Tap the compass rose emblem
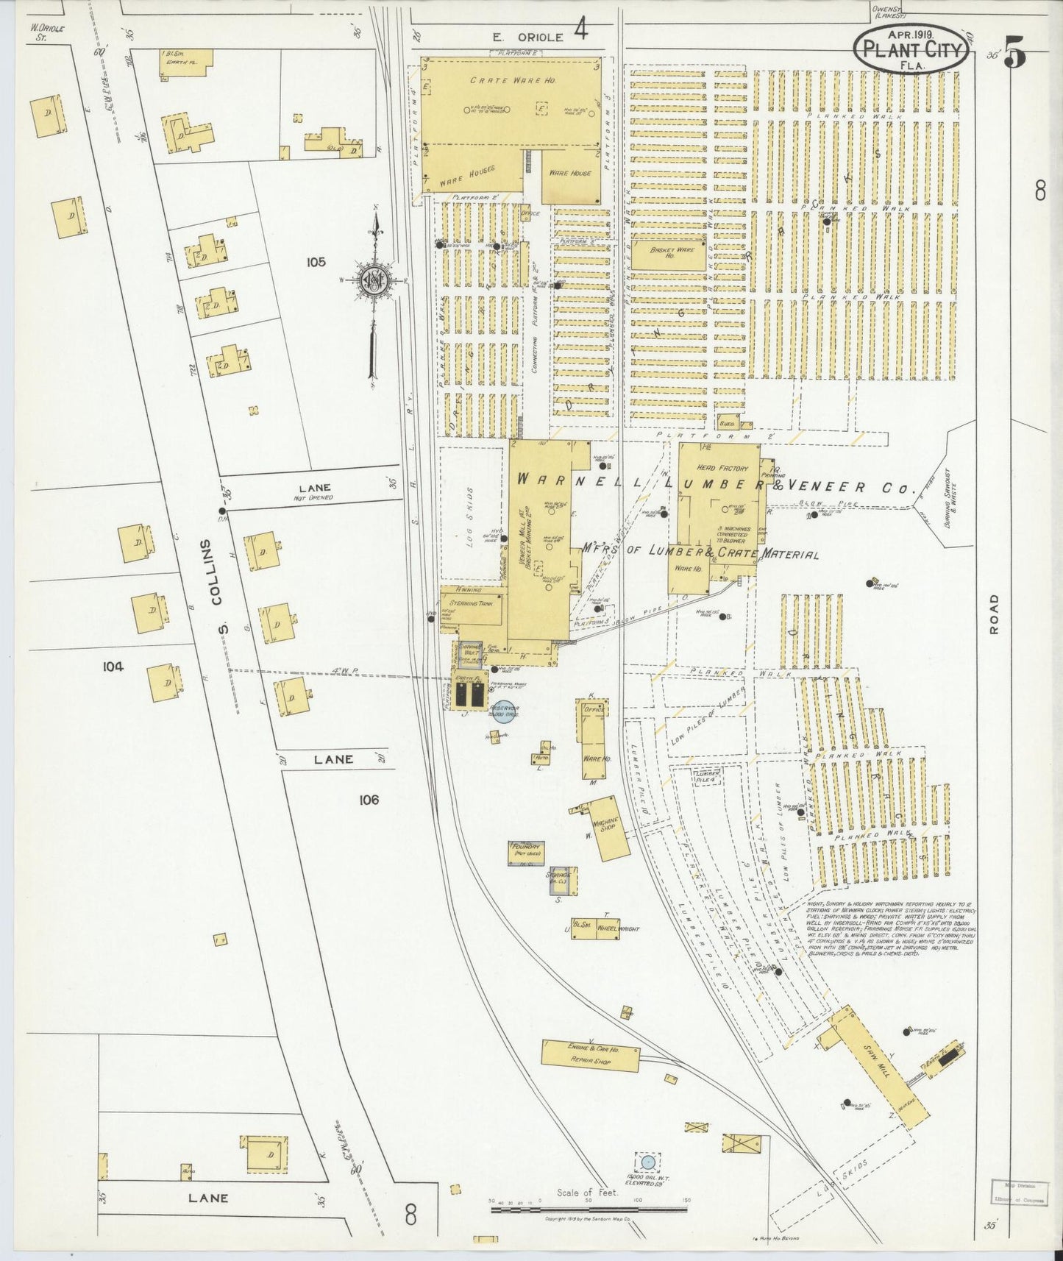374,281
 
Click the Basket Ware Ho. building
668,253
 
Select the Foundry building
526,852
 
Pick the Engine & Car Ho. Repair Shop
590,1056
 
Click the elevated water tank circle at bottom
647,1162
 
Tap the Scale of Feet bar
589,1209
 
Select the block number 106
369,800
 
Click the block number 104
113,667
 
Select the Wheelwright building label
618,928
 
